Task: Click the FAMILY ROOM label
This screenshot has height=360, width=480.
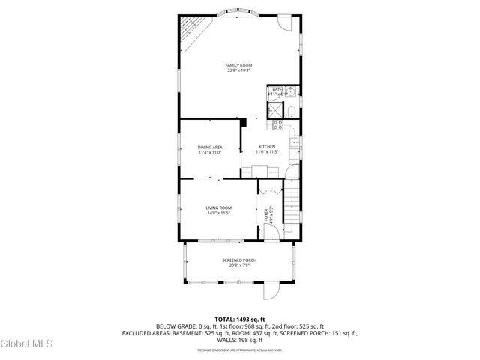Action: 238,65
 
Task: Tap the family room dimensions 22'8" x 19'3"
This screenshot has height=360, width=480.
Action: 238,70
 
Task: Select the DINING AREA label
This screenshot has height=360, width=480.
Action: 210,147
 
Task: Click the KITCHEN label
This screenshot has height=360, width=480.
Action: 267,147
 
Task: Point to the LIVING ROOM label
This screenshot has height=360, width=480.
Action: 219,208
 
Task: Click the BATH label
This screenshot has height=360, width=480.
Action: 277,89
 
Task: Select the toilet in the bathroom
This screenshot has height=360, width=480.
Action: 291,110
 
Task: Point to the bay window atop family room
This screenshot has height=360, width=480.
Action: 238,13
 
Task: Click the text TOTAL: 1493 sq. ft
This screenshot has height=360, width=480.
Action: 239,319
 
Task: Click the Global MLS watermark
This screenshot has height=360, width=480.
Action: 26,343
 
